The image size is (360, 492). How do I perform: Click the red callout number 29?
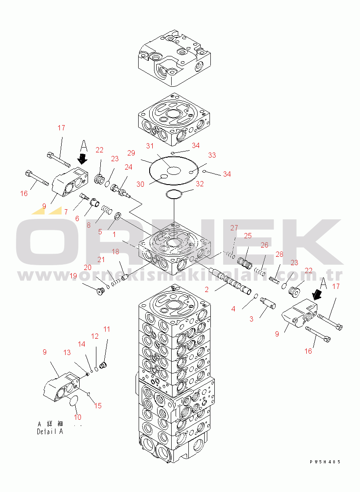click(x=131, y=153)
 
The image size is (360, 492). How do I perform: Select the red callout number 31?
click(x=150, y=146)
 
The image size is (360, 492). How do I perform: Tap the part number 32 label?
click(x=200, y=184)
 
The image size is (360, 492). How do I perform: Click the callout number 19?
click(x=73, y=276)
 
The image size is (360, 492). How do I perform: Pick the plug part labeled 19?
click(x=100, y=292)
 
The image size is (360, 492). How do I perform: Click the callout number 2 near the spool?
click(x=207, y=289)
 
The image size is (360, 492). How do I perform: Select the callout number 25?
click(x=248, y=236)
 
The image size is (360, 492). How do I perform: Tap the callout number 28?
click(x=279, y=254)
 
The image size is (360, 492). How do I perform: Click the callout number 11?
click(x=107, y=329)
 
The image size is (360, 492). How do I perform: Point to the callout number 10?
click(x=77, y=417)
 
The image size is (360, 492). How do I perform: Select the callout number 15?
click(x=98, y=406)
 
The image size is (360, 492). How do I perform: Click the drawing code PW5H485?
click(x=325, y=462)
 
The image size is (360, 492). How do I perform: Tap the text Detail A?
click(x=50, y=432)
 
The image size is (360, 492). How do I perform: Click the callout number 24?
click(x=129, y=167)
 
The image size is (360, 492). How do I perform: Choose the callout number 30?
click(x=140, y=184)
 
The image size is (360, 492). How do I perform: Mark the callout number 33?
click(x=212, y=155)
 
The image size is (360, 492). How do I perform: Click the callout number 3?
click(x=251, y=319)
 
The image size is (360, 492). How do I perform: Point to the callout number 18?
click(x=115, y=252)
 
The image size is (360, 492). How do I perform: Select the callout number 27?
click(x=234, y=228)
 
